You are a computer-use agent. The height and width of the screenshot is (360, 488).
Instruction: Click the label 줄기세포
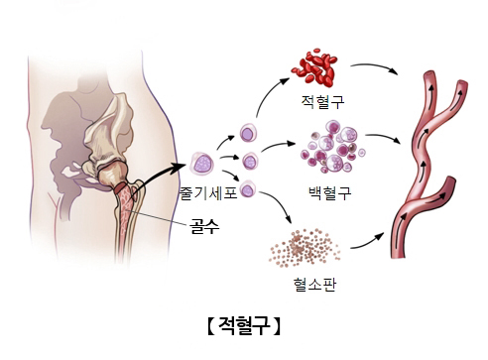[x=208, y=192]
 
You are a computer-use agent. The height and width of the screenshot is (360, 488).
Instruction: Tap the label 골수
[x=204, y=226]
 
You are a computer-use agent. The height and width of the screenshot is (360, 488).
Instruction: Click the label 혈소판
[x=313, y=285]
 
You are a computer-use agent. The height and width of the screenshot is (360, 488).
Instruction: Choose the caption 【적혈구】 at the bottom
[x=243, y=324]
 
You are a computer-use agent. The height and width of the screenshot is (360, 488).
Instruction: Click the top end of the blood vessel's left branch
[x=427, y=77]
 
